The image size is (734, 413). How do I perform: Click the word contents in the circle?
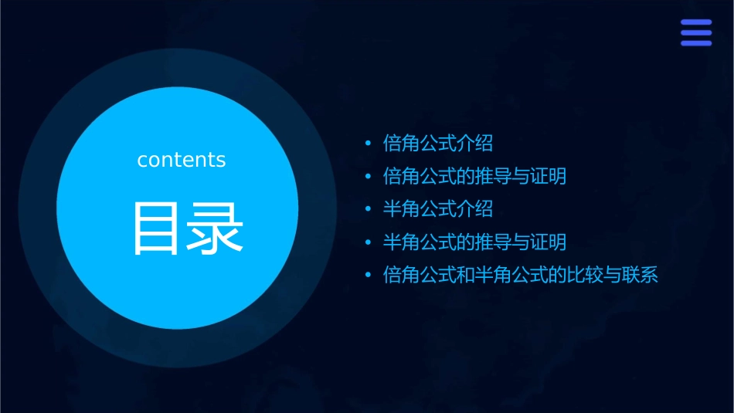pyautogui.click(x=182, y=160)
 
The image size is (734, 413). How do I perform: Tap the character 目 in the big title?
pyautogui.click(x=158, y=229)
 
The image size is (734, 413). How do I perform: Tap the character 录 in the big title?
pyautogui.click(x=216, y=229)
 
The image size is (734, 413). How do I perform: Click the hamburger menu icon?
pyautogui.click(x=696, y=32)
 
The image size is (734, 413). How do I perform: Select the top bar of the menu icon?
pyautogui.click(x=696, y=22)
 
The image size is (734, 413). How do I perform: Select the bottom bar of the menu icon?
pyautogui.click(x=696, y=43)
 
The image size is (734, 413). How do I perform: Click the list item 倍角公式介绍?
pyautogui.click(x=438, y=144)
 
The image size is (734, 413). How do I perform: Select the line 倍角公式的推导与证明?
pyautogui.click(x=474, y=177)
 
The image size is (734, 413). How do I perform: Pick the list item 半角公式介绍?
pyautogui.click(x=438, y=209)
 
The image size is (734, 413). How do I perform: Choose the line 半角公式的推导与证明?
pyautogui.click(x=474, y=242)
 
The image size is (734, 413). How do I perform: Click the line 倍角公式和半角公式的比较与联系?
pyautogui.click(x=520, y=276)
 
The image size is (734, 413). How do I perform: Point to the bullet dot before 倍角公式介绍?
pyautogui.click(x=369, y=144)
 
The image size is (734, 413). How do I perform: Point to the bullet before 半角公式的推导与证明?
pyautogui.click(x=369, y=243)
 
